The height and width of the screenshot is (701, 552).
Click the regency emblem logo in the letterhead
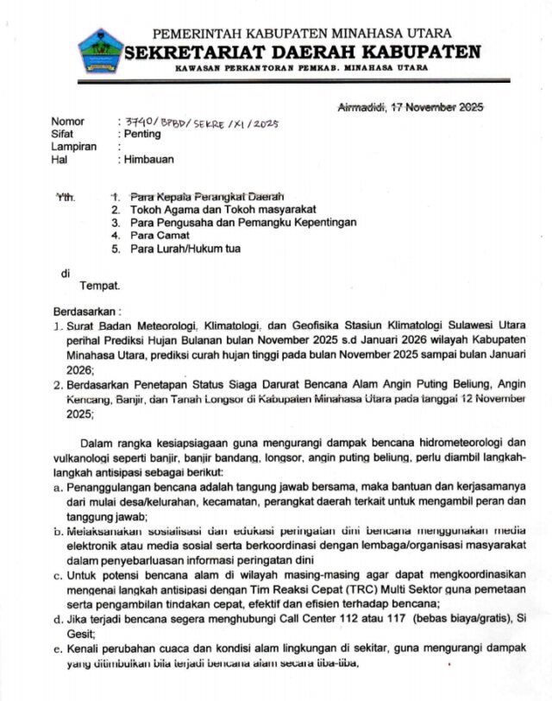101,51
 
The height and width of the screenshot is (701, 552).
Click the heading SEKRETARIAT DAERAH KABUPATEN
302,52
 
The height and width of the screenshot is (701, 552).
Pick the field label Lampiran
73,148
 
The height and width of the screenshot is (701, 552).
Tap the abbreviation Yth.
66,197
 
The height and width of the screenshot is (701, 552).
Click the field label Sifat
62,135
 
